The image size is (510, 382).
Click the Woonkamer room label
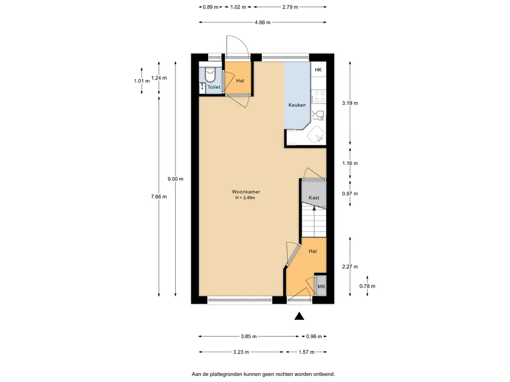click(246, 191)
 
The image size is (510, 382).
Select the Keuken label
click(297, 105)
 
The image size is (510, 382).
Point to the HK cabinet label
click(318, 70)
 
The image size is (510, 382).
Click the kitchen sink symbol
click(316, 134)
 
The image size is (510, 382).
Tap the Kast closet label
click(314, 197)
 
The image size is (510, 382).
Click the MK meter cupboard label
click(321, 286)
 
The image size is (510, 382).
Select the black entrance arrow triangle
click(299, 316)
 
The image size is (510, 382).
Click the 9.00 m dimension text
click(175, 179)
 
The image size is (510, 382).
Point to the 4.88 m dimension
click(262, 22)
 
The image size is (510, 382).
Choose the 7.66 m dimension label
click(159, 196)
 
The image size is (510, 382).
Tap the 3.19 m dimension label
click(350, 103)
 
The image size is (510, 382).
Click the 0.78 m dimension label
click(367, 286)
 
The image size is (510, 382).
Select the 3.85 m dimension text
click(249, 337)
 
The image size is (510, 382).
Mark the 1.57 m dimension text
click(306, 352)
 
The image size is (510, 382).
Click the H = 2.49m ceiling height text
click(245, 197)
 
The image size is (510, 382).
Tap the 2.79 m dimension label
click(290, 7)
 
